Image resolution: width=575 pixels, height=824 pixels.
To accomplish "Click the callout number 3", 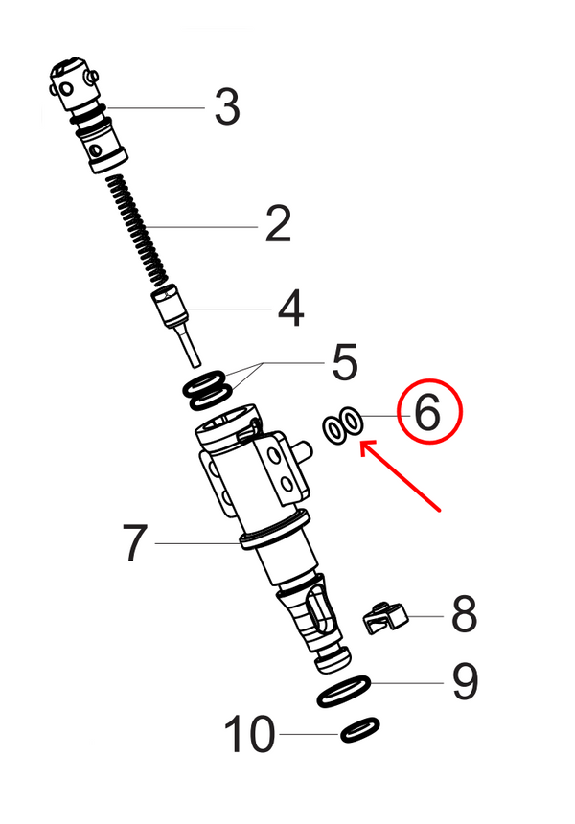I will [227, 107].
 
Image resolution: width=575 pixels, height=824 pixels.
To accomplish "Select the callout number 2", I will [277, 226].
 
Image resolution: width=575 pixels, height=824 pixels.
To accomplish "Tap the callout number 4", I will [290, 309].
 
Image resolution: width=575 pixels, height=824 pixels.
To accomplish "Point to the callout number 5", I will [344, 364].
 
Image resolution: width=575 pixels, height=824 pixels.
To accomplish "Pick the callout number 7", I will [135, 543].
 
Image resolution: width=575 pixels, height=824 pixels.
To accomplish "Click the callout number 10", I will [249, 736].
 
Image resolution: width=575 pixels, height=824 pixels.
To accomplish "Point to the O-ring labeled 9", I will [344, 691].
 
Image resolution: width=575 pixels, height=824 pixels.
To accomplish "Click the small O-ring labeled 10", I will [359, 730].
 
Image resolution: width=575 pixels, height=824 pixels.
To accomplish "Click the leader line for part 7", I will [196, 543].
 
